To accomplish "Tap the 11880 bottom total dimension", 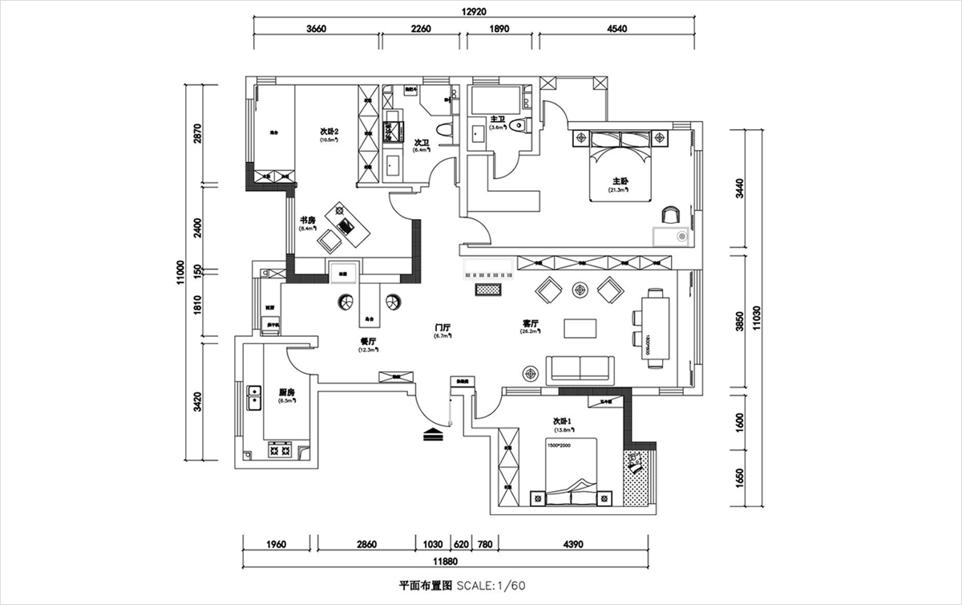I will click(447, 561).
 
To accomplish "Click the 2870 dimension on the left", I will click(197, 133).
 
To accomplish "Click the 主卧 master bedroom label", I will click(619, 181).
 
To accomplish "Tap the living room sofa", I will click(579, 368).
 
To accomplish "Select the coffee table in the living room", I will click(580, 328).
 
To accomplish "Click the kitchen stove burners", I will click(280, 451).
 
